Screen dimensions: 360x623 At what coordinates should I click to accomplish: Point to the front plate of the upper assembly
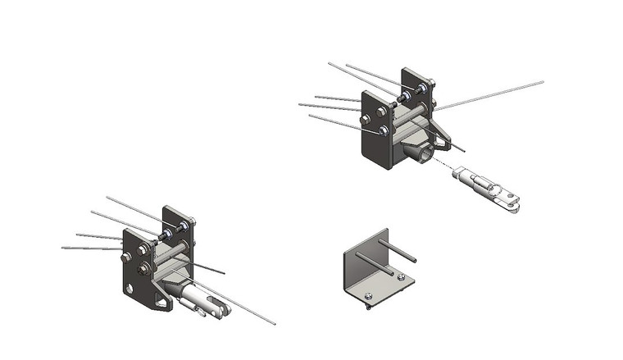pos(375,139)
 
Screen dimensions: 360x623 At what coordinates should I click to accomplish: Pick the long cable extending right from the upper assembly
pos(492,94)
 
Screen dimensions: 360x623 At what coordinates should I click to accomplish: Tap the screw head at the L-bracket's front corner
pos(368,296)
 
